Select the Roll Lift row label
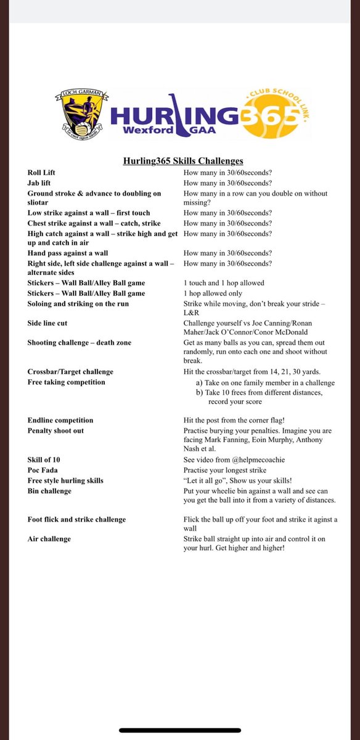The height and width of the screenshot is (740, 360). pos(42,173)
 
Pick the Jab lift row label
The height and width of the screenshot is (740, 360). pos(41,183)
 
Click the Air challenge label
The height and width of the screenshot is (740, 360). pos(49,538)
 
